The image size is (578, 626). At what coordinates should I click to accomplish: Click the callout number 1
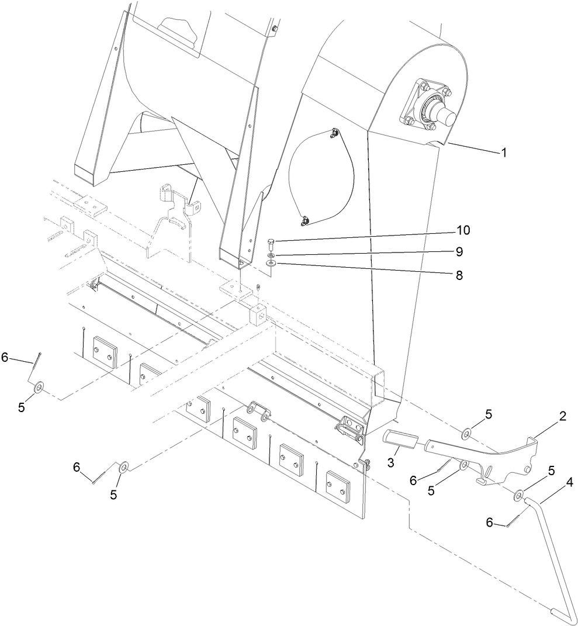coord(503,153)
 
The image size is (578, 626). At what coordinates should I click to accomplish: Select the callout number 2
coord(562,416)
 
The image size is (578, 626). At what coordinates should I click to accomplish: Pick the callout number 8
coord(459,275)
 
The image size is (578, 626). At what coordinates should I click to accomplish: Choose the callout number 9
coord(459,252)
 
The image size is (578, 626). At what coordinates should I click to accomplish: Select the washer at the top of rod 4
coord(519,496)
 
